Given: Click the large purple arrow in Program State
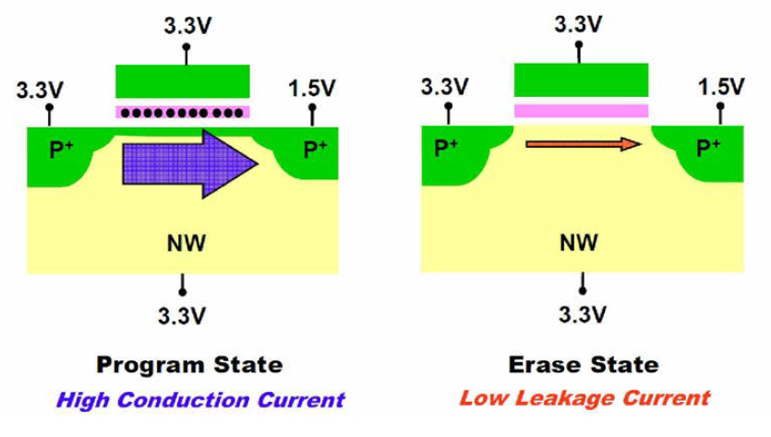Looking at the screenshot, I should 189,163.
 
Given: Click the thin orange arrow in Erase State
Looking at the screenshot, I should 582,144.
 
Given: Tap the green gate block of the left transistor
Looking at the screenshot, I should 182,81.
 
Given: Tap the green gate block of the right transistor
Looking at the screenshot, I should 580,80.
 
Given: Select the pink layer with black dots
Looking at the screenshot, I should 182,113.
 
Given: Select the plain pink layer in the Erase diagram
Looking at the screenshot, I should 580,111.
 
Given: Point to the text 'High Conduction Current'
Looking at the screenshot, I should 199,400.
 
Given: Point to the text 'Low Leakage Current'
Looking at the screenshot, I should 585,399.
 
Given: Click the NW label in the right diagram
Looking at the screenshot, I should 581,243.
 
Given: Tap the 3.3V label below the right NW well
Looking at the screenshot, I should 582,315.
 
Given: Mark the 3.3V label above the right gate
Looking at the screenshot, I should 580,23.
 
